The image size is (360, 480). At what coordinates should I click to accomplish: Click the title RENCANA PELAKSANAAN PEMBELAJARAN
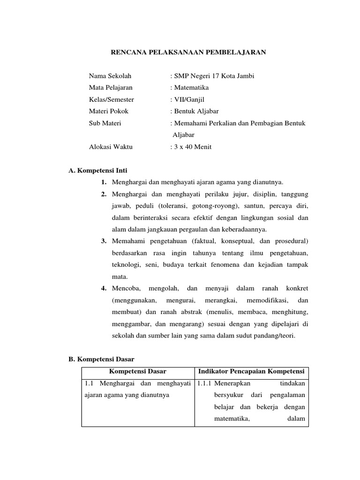[x=188, y=53]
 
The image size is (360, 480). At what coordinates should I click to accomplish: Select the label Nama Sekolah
[x=110, y=76]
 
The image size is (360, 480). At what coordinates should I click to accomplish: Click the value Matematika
[x=191, y=88]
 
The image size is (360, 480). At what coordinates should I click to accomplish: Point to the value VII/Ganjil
[x=189, y=99]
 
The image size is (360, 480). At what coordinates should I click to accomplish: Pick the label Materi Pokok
[x=108, y=111]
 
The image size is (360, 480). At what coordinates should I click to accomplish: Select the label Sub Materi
[x=105, y=123]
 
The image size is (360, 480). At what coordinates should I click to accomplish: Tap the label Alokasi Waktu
[x=111, y=147]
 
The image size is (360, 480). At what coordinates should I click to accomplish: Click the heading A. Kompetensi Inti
[x=98, y=170]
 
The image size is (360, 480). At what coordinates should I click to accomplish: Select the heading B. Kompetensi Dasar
[x=101, y=359]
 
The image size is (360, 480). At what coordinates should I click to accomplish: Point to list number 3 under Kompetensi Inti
[x=104, y=241]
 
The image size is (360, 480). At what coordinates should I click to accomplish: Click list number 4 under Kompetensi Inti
[x=104, y=288]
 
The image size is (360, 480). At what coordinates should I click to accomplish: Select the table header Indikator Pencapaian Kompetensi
[x=252, y=371]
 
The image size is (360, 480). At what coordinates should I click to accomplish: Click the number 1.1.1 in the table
[x=204, y=383]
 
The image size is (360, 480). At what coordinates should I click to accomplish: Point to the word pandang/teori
[x=277, y=336]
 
